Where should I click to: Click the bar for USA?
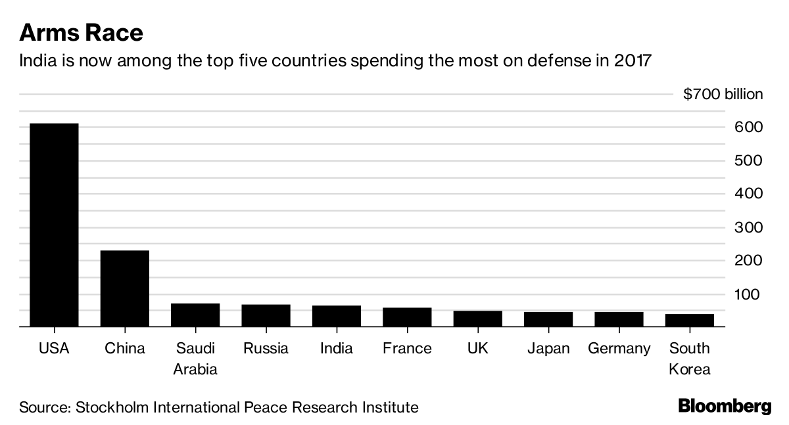(x=54, y=224)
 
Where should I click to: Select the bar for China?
(x=124, y=288)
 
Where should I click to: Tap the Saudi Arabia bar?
(x=195, y=315)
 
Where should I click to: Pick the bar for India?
(x=337, y=315)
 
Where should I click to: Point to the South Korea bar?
(x=690, y=320)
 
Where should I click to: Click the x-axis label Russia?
(x=266, y=348)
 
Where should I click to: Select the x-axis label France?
(x=407, y=348)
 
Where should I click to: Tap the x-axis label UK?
(x=477, y=348)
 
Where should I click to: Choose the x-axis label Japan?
(x=548, y=348)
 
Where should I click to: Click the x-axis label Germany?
(x=619, y=348)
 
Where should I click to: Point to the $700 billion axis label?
(x=723, y=94)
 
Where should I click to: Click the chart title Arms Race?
(x=82, y=32)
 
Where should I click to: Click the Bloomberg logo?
(x=725, y=406)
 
